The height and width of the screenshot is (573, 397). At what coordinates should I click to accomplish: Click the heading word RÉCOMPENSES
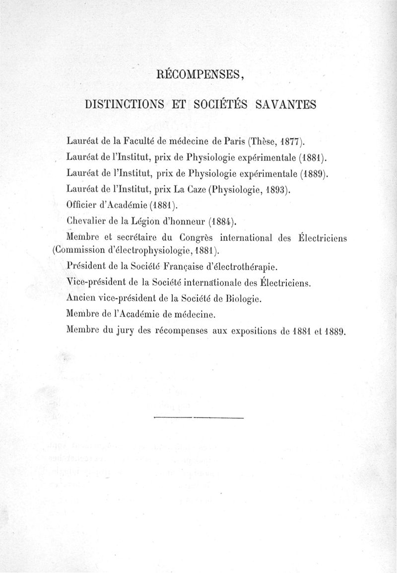[x=198, y=75]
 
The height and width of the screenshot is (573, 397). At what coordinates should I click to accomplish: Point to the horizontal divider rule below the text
[x=199, y=418]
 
